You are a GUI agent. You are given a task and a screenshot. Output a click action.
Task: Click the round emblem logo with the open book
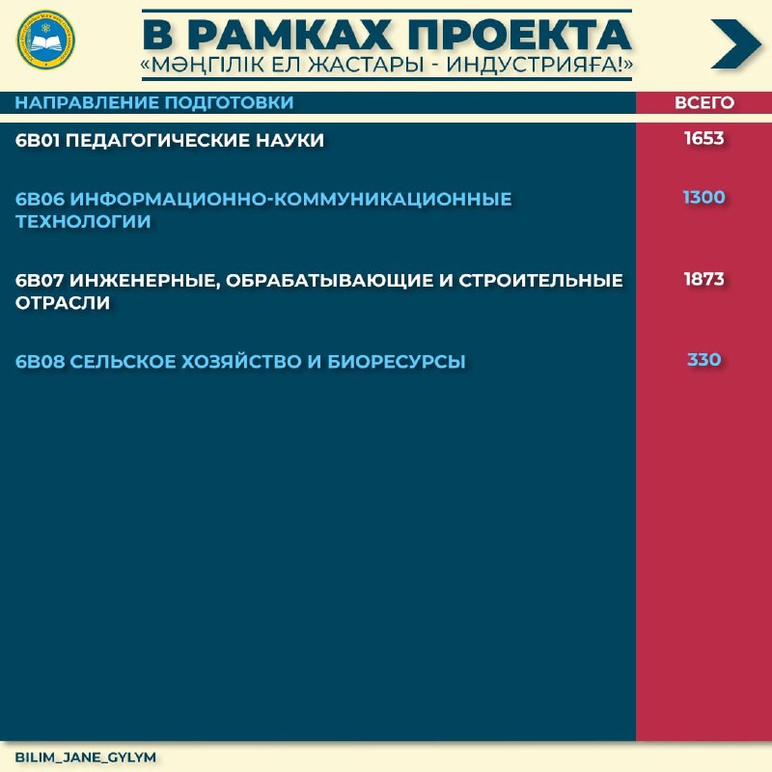(45, 40)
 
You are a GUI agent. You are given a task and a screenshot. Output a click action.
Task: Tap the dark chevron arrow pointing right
(736, 43)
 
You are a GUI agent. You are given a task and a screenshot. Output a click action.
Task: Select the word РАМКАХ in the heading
(290, 35)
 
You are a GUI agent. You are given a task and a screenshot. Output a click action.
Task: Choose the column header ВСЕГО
(704, 102)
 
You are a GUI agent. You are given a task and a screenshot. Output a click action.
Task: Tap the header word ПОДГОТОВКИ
(229, 102)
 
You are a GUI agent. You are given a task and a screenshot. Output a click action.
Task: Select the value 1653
(704, 138)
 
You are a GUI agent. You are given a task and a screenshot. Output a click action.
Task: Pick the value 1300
(704, 198)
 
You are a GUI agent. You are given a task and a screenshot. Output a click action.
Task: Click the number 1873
(704, 279)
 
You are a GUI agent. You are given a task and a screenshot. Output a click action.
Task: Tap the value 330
(704, 359)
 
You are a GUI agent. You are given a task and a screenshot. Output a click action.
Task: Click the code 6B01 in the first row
(38, 140)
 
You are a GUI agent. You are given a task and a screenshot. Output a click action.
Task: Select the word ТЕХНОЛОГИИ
(83, 222)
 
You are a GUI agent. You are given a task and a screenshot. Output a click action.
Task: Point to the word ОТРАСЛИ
(63, 303)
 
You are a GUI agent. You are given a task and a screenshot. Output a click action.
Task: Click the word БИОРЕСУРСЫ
(397, 362)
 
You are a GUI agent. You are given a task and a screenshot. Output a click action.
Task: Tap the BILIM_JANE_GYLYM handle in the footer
(86, 758)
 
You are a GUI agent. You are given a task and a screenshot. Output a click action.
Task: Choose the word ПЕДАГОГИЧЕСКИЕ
(157, 140)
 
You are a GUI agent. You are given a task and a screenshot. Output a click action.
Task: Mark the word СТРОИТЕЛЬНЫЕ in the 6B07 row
(541, 280)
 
